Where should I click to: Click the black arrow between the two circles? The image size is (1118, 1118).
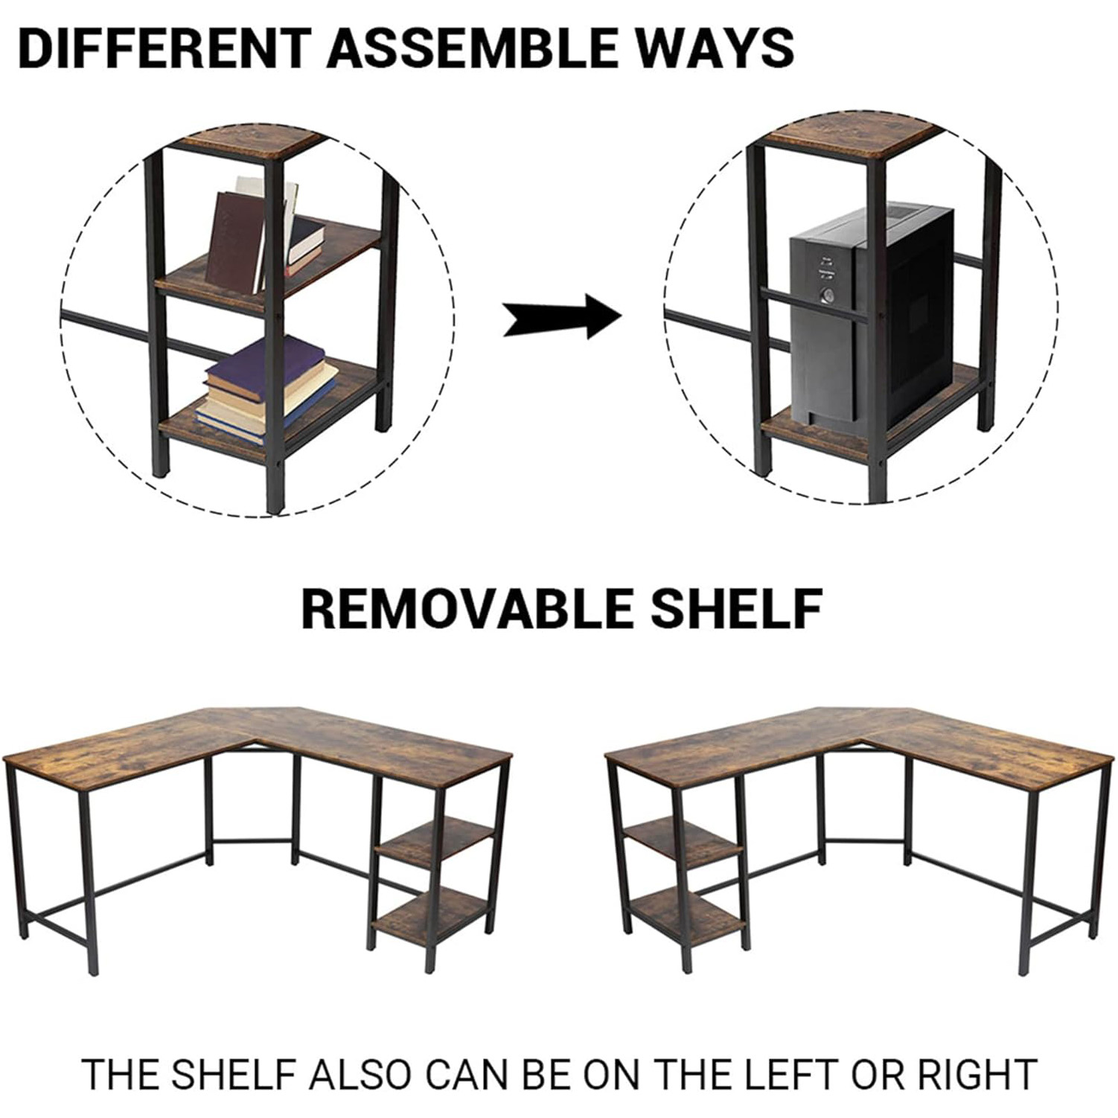coord(562,316)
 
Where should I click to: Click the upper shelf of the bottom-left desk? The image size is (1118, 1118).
coord(435,844)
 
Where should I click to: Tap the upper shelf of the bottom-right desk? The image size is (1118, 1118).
coord(683,843)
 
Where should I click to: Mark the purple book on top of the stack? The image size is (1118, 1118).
coord(266,361)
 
